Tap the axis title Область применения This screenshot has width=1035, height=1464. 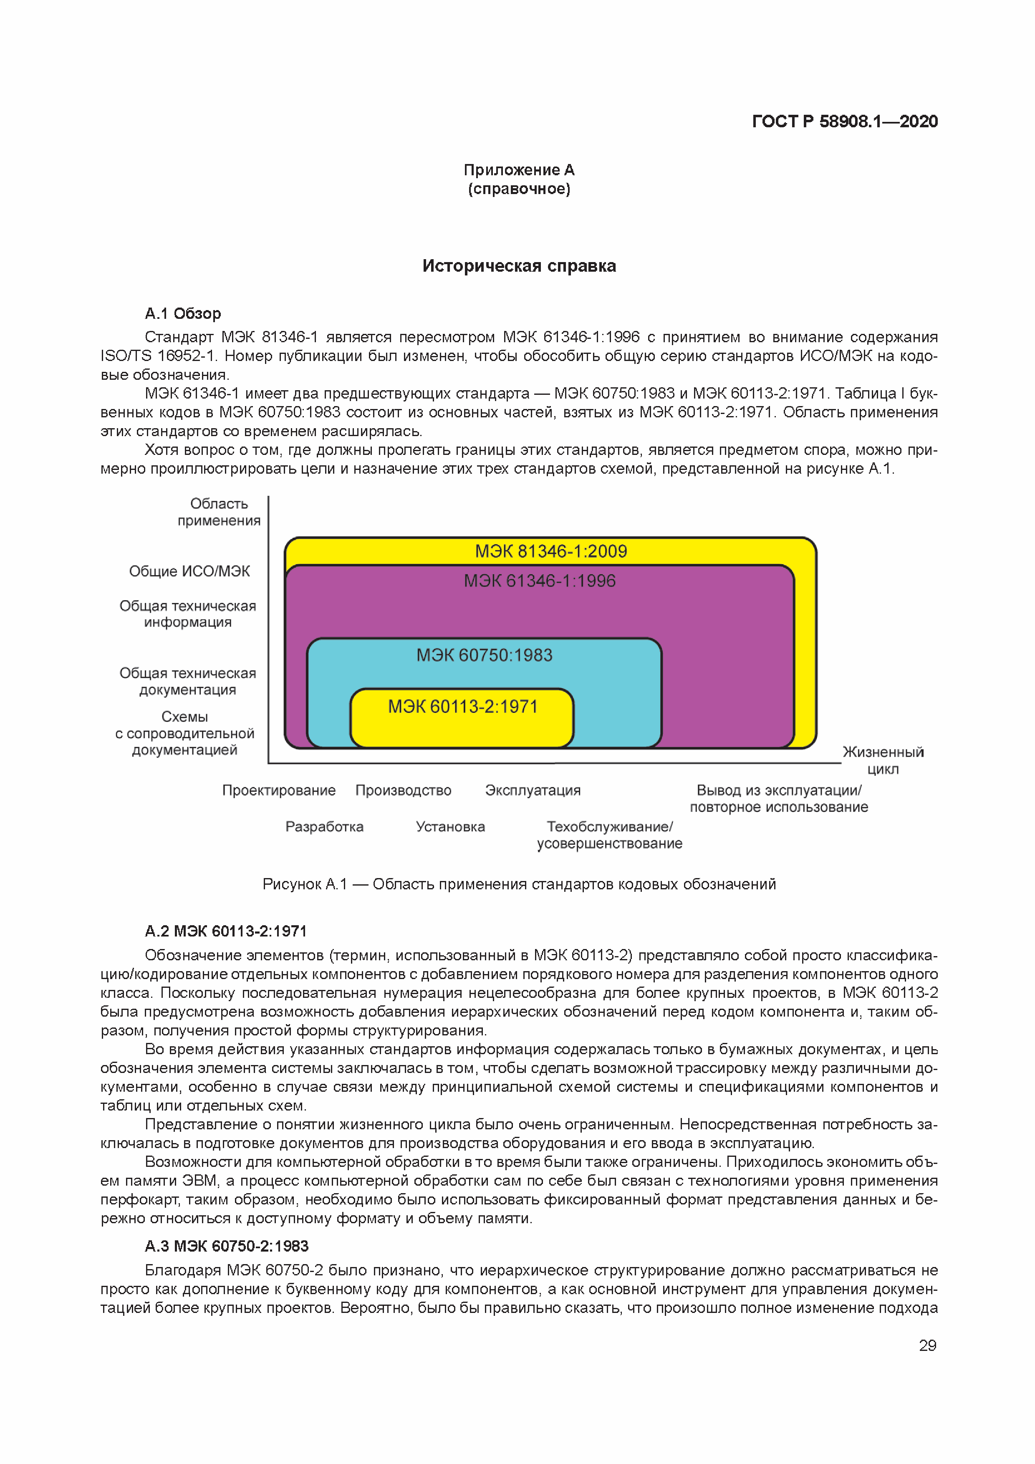tap(219, 512)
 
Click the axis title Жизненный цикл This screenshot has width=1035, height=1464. tap(883, 760)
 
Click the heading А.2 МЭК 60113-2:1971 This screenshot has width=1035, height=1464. tap(226, 931)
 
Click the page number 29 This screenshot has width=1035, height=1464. tap(927, 1345)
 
